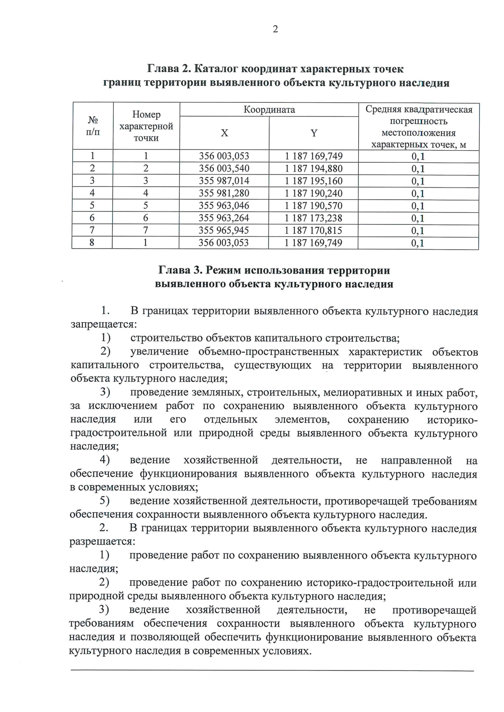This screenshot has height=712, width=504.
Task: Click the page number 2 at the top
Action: [x=276, y=29]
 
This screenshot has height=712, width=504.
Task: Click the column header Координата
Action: [x=269, y=110]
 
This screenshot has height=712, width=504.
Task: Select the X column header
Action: [x=224, y=133]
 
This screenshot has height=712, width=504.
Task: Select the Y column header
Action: [x=314, y=133]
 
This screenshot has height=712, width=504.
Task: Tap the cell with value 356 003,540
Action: [x=224, y=169]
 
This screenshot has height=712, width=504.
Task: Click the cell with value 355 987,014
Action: [x=224, y=181]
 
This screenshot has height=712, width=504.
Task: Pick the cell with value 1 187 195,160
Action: [x=314, y=181]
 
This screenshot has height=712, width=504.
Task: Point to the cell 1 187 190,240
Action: [x=314, y=193]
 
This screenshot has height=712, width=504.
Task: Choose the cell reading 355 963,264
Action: [x=224, y=218]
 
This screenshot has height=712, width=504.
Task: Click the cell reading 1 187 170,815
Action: [x=314, y=230]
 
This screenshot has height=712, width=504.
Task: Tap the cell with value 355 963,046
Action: [x=224, y=206]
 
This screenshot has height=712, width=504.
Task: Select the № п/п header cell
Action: [x=93, y=126]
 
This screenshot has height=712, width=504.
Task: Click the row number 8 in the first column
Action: [x=92, y=243]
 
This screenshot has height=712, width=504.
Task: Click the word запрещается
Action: [x=103, y=324]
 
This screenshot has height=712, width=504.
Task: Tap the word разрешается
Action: [x=102, y=541]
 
